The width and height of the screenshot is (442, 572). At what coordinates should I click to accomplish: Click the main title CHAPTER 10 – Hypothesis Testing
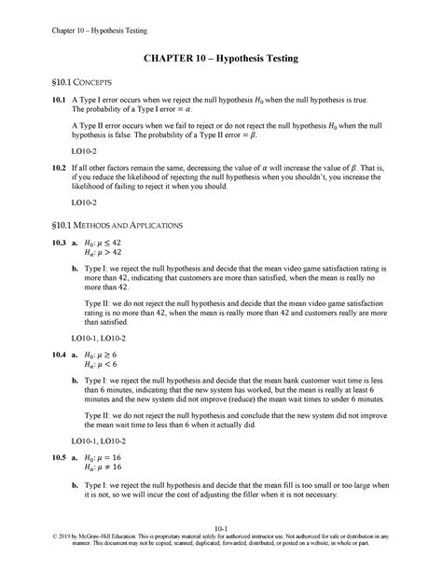point(220,59)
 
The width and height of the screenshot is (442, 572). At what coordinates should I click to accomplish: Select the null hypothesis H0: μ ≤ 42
point(109,243)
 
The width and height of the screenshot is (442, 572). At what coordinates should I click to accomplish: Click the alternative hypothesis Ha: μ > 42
point(109,253)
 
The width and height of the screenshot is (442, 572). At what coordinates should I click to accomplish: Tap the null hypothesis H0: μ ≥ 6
point(106,356)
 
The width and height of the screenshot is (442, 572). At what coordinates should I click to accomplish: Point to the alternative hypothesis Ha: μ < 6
point(106,367)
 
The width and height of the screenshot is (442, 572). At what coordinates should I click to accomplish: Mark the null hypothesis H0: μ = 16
point(109,470)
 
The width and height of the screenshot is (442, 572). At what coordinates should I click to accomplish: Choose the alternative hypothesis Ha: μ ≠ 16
point(109,481)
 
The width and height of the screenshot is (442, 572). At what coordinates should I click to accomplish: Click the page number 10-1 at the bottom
point(221,543)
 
